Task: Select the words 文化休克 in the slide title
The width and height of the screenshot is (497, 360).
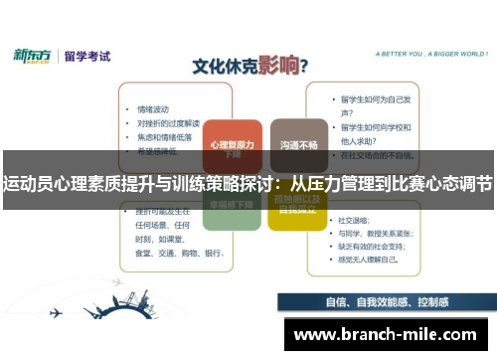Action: [223, 68]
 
